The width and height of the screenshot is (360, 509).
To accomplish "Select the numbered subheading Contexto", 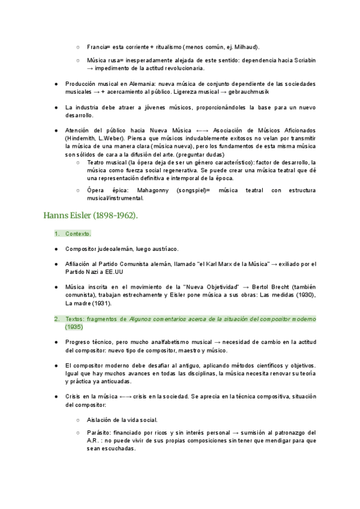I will tap(78, 233).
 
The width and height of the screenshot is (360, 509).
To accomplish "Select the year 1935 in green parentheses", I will tap(74, 327).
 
